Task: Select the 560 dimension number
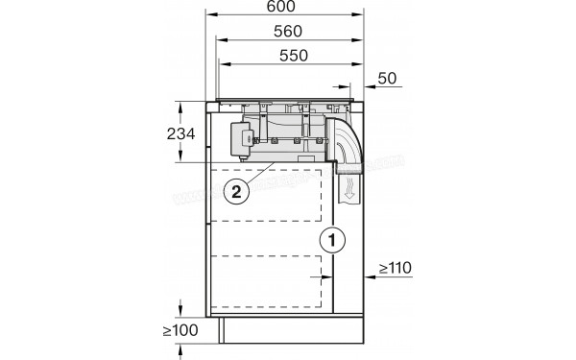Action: (x=287, y=31)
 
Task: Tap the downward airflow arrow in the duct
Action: (x=351, y=188)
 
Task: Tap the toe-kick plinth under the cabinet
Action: (x=288, y=330)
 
